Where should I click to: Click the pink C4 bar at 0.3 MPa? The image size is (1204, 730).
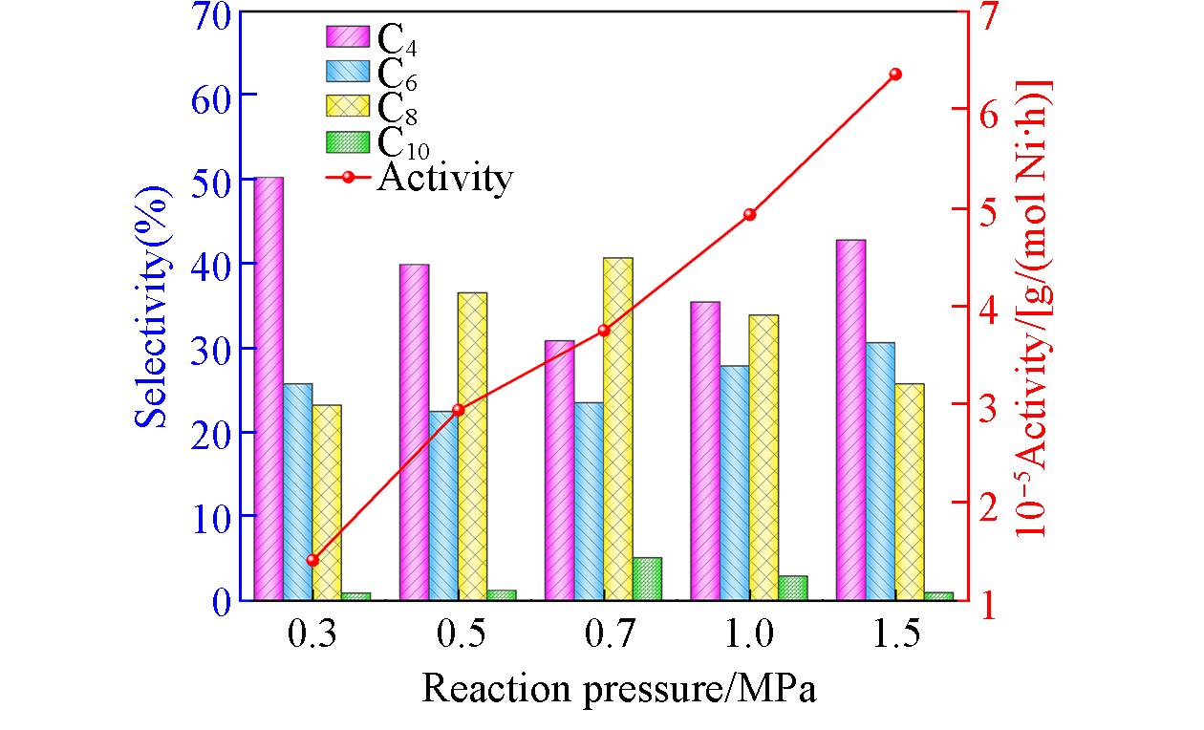pos(269,388)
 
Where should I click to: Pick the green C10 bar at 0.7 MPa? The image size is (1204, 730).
pos(647,578)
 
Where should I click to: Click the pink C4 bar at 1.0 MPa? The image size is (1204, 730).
pos(705,450)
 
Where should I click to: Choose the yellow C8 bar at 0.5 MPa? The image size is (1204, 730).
pos(472,445)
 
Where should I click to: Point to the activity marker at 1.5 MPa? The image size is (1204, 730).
pos(895,74)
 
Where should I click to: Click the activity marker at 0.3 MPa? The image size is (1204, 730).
pos(312,560)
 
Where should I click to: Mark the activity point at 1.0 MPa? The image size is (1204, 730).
pos(749,214)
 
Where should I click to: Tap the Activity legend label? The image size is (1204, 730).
pos(444,178)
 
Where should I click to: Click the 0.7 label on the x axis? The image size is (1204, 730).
pos(604,635)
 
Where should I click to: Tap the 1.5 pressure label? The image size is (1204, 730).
pos(895,635)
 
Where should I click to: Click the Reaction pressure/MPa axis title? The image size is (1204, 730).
pos(619,688)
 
